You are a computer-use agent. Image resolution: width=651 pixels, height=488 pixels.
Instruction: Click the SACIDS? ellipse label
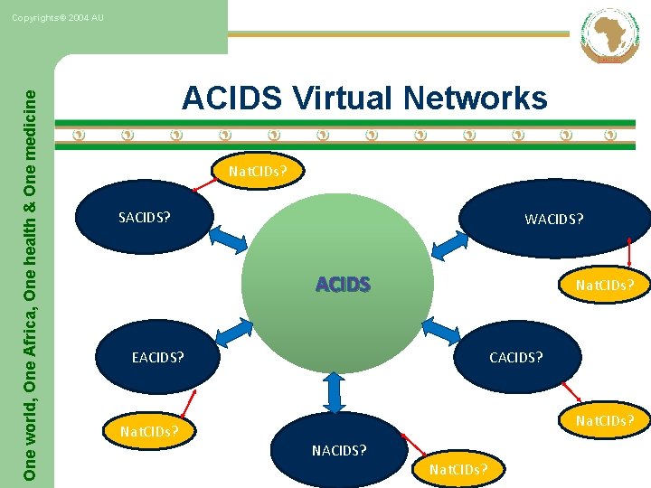click(x=145, y=217)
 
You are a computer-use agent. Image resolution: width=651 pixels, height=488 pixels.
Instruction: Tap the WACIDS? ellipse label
click(x=554, y=219)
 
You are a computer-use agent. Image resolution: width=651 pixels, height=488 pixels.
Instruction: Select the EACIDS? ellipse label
click(x=157, y=357)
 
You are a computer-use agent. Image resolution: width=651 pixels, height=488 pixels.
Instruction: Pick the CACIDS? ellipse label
click(x=516, y=357)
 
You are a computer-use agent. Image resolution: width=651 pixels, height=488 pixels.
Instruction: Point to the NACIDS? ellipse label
click(x=339, y=449)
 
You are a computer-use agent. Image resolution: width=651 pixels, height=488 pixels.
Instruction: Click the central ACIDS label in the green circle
click(x=343, y=285)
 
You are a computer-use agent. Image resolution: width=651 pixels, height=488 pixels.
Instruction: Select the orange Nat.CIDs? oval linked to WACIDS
click(x=605, y=286)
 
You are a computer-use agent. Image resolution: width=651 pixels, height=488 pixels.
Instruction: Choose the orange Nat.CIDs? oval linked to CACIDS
click(x=605, y=420)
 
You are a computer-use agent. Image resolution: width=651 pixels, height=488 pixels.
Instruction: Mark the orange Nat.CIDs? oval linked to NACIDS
click(x=458, y=469)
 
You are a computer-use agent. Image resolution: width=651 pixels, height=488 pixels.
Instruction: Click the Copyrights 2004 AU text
click(x=58, y=18)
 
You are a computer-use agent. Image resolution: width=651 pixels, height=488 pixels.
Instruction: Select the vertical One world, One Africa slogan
click(x=31, y=271)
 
